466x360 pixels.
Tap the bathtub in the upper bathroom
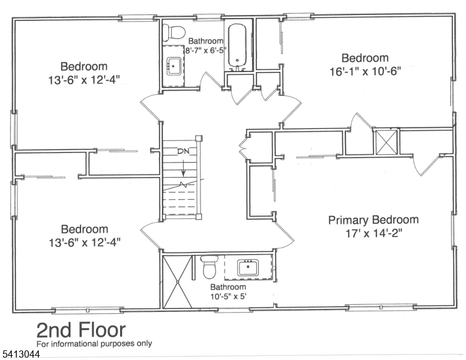(237, 45)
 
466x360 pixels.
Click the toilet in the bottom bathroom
(208, 267)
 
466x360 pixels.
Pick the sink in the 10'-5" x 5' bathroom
(248, 268)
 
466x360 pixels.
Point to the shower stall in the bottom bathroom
(177, 283)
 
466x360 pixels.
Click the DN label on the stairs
(184, 151)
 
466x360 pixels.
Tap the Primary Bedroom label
(373, 220)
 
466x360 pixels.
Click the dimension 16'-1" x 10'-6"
(365, 71)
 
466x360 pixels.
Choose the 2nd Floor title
(81, 330)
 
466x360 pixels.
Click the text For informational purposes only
(94, 344)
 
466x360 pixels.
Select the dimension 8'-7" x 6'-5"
(205, 50)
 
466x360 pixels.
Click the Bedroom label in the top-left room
(84, 67)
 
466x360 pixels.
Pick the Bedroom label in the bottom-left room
(84, 229)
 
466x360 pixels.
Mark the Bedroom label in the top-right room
(365, 58)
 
